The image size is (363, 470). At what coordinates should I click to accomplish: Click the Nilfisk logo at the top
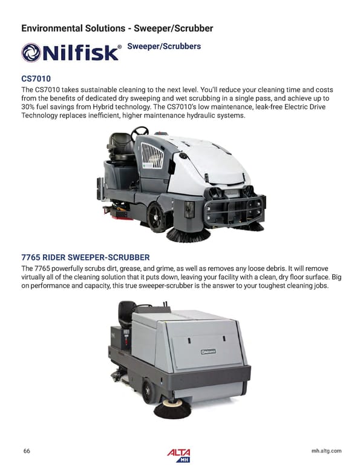(x=70, y=53)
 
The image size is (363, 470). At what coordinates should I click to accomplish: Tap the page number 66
(x=27, y=451)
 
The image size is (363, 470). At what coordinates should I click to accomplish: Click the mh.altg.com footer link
(x=326, y=451)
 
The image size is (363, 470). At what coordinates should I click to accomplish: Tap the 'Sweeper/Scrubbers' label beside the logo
(x=163, y=47)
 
